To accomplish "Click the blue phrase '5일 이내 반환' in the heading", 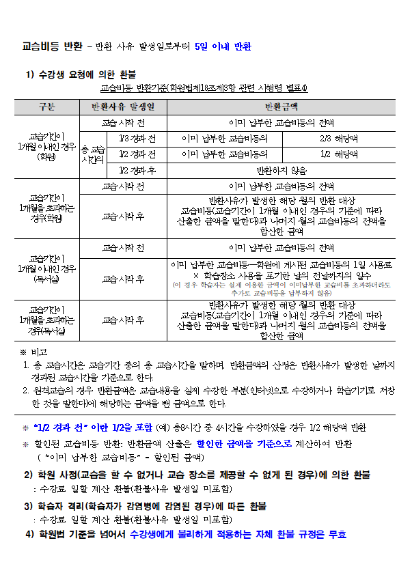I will [x=223, y=47].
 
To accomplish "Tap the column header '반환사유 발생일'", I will [x=123, y=107].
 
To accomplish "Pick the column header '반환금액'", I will [x=281, y=107].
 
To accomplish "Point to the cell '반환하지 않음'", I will [x=281, y=171].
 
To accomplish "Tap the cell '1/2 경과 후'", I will [x=137, y=171].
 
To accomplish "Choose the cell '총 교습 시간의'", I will [x=93, y=155].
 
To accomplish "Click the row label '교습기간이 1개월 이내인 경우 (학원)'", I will [x=47, y=147].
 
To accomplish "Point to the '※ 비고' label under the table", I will [x=33, y=352].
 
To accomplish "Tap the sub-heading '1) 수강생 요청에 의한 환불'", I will [x=81, y=74].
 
